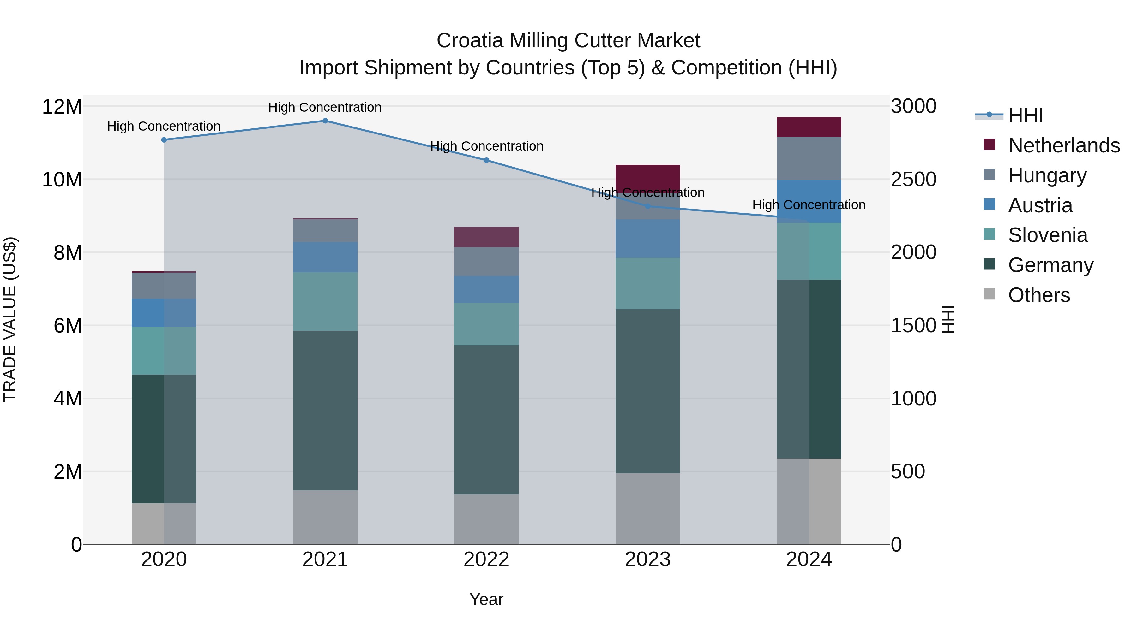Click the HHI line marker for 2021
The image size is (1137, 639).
tap(325, 121)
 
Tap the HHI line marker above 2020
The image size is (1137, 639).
tap(164, 140)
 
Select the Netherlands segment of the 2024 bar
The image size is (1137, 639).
tap(809, 127)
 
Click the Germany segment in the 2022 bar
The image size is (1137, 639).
tap(486, 419)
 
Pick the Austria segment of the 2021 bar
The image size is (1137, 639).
tap(325, 257)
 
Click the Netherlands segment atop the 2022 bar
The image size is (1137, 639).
tap(486, 237)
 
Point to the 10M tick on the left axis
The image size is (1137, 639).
tap(62, 180)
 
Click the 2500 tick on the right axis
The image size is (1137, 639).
tap(913, 180)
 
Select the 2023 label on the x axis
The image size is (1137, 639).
tap(647, 559)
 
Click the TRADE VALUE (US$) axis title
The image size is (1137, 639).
tap(10, 319)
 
